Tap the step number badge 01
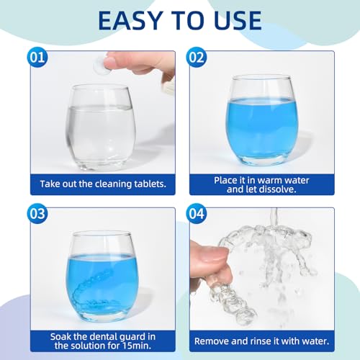point(37,58)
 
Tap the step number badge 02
point(197,58)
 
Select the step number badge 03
point(37,214)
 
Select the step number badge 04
point(197,214)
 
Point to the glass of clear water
point(100,127)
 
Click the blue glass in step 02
point(262,120)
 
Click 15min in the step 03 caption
point(137,346)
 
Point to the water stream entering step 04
point(274,217)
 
